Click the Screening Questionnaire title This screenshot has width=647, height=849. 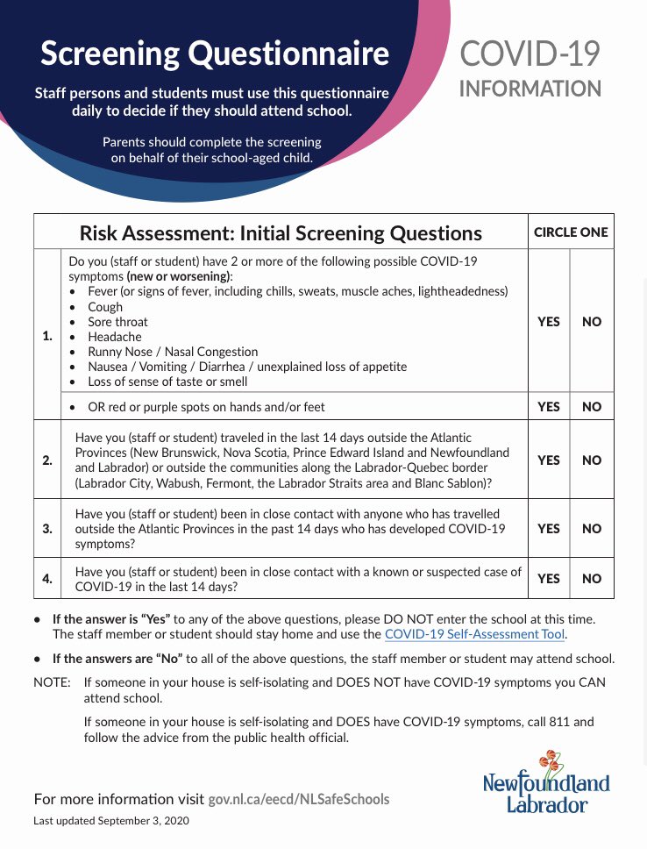215,54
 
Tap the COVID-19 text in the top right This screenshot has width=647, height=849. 530,54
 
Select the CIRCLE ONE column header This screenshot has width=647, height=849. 571,232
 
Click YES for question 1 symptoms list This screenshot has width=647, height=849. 548,322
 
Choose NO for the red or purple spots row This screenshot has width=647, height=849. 592,407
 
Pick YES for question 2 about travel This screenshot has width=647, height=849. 548,460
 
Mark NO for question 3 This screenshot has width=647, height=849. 592,529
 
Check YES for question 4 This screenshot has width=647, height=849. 548,579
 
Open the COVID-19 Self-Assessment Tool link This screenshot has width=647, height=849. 474,634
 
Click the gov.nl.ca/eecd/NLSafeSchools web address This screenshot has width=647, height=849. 299,799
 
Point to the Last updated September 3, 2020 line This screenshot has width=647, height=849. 110,821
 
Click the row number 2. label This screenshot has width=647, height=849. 46,460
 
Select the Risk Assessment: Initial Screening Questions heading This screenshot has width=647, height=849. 281,233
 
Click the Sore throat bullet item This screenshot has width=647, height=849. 117,322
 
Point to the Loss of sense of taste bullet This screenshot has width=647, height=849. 167,382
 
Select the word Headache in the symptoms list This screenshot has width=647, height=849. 114,337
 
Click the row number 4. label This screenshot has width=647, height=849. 46,579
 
